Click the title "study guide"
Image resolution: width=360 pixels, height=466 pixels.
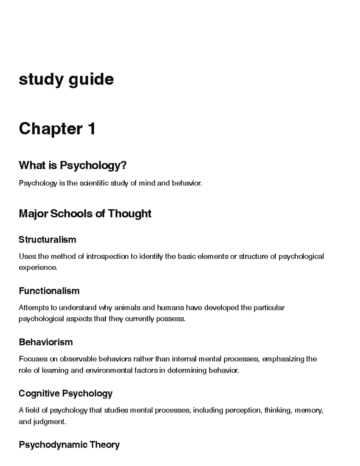(x=66, y=80)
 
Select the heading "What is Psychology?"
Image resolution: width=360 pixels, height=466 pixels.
(x=73, y=165)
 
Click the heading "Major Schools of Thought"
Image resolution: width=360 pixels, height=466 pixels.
(x=85, y=214)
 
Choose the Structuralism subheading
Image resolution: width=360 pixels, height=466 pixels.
(x=47, y=239)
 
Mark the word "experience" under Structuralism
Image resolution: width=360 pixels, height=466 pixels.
(x=37, y=267)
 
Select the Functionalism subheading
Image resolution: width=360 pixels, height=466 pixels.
(x=49, y=291)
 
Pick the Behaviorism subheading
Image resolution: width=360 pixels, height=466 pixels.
(x=46, y=342)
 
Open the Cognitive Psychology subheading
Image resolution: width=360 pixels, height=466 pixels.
(x=65, y=393)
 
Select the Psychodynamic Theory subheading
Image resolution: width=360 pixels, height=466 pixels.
(x=69, y=444)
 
